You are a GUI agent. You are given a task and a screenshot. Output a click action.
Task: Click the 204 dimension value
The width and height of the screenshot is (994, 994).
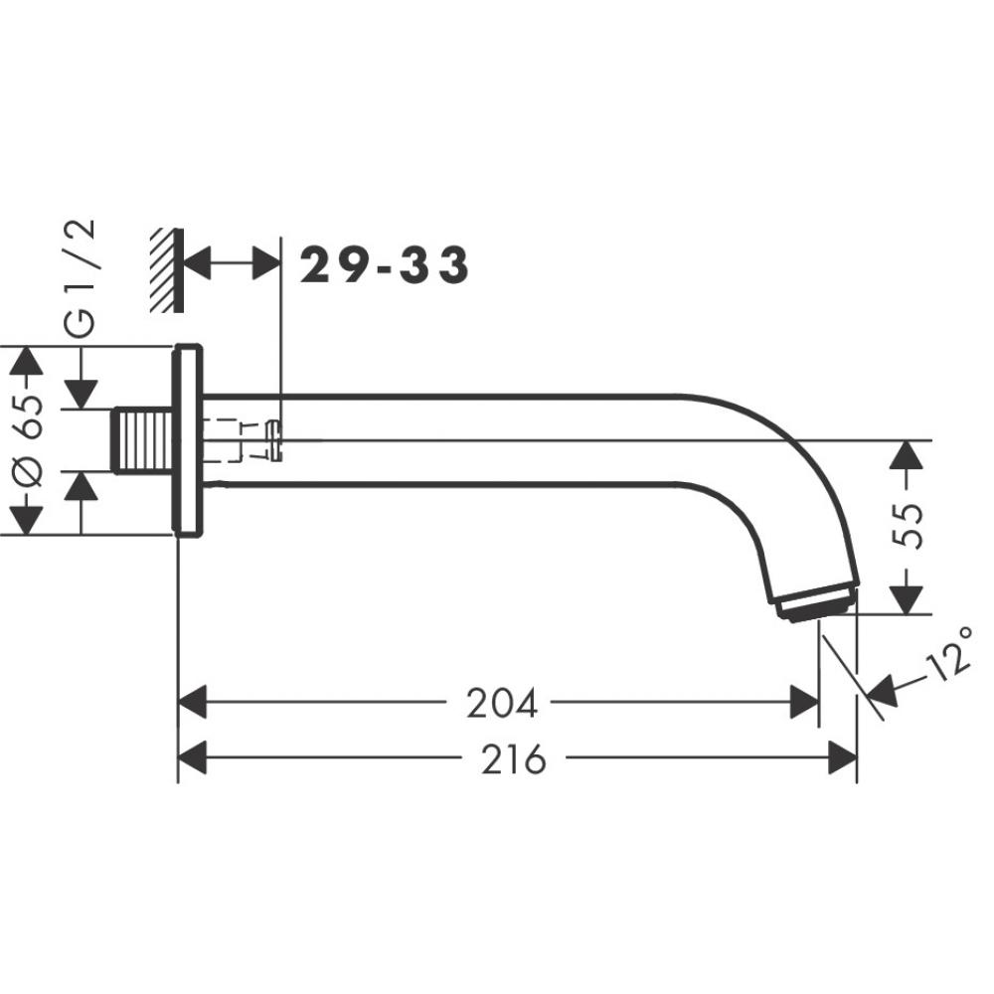click(501, 704)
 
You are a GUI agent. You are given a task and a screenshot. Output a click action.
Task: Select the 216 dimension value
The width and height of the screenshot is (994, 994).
click(513, 758)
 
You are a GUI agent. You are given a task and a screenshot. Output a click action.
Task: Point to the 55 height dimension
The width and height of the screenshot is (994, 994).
click(908, 526)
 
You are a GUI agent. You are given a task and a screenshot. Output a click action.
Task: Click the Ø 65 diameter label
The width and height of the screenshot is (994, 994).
click(28, 440)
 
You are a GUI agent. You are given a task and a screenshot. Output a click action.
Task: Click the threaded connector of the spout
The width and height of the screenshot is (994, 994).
click(142, 440)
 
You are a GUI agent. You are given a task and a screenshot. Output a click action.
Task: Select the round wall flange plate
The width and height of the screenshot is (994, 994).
click(188, 440)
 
